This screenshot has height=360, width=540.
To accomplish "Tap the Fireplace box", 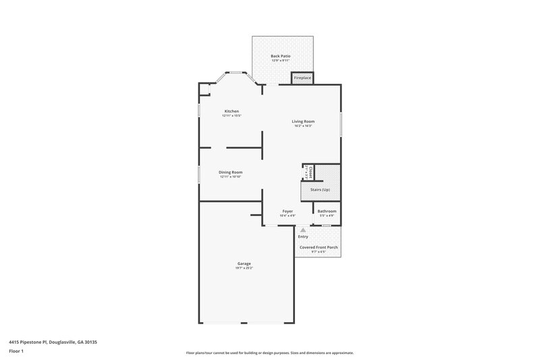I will tap(302, 78).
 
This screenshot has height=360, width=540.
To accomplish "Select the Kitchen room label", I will tap(232, 111).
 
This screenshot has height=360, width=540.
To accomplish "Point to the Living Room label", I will tap(303, 122).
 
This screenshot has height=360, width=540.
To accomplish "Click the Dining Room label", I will tap(230, 172).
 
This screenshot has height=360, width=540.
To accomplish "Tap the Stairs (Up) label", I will tap(320, 190).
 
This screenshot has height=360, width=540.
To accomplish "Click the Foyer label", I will tap(288, 211).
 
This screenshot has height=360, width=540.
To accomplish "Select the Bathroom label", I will tap(327, 211).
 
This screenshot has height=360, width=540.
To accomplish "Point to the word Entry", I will tap(302, 236).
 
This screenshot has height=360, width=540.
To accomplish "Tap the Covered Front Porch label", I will tap(319, 247).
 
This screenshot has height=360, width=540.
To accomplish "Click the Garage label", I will tap(244, 263).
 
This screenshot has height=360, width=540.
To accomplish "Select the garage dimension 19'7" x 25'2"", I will tap(244, 268).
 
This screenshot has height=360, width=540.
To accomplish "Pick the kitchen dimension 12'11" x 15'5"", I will tap(232, 115).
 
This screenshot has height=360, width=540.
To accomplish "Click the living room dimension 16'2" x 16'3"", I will tap(303, 126).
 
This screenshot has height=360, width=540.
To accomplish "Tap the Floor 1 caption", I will tap(17, 351).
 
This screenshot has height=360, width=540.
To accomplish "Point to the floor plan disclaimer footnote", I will tap(269, 353).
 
